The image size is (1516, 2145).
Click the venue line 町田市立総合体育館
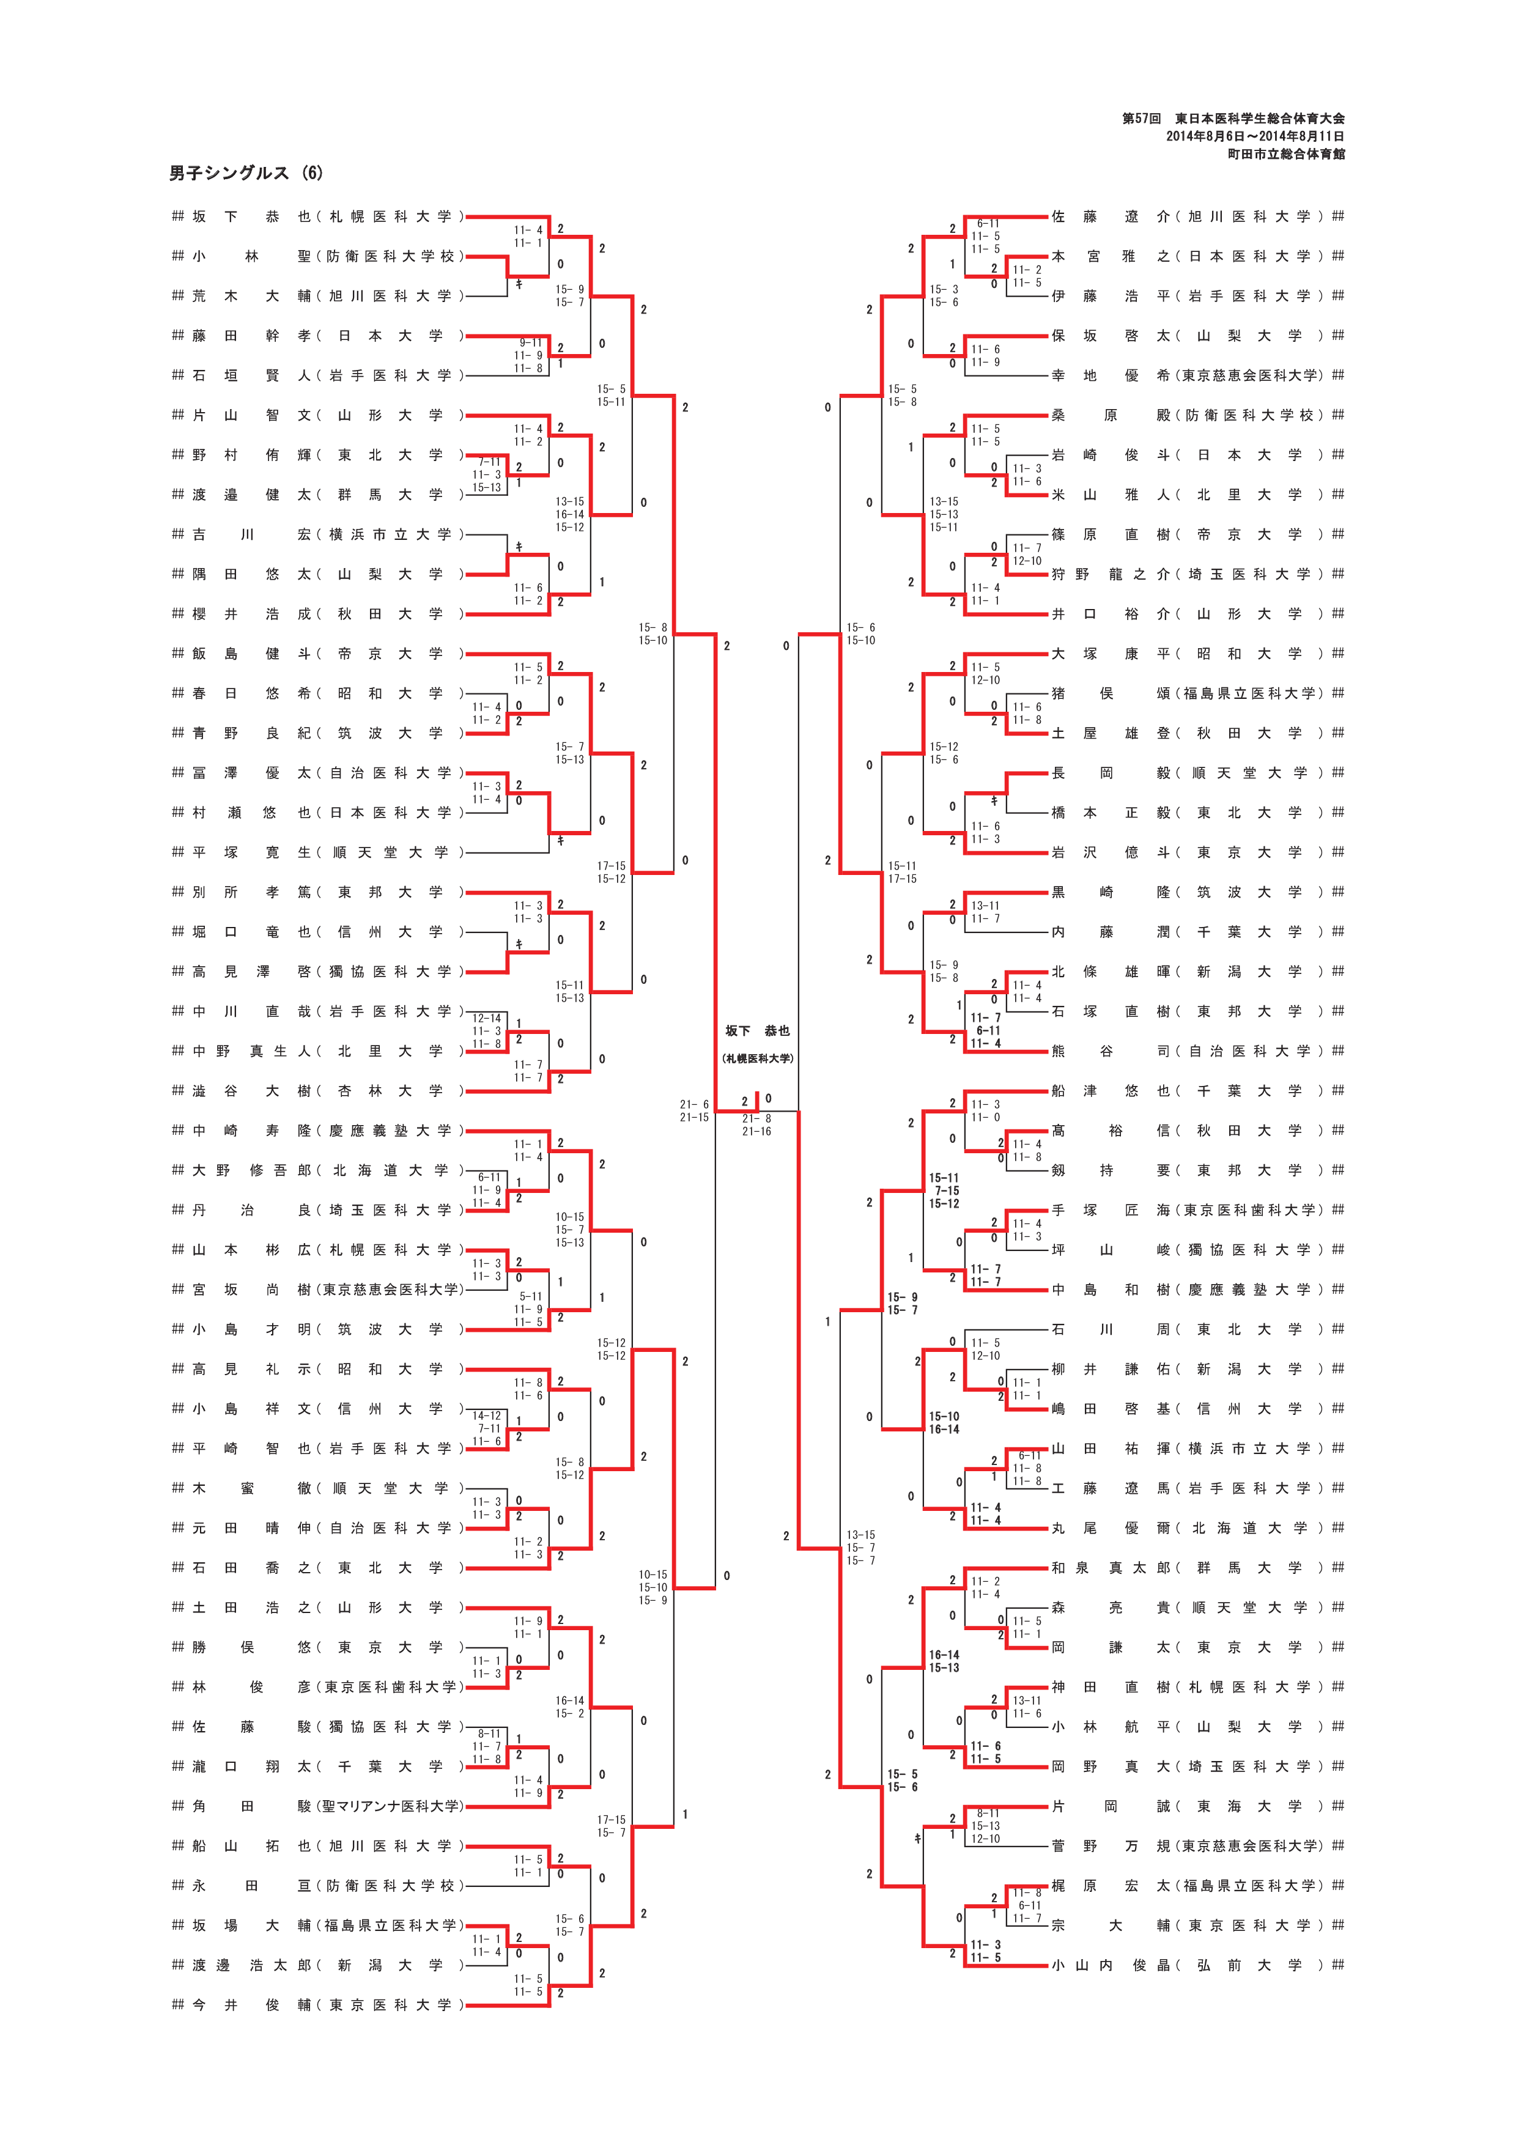click(1285, 154)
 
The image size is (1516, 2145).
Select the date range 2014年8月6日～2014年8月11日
click(1254, 136)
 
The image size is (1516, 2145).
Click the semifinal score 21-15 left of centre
click(694, 1117)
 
